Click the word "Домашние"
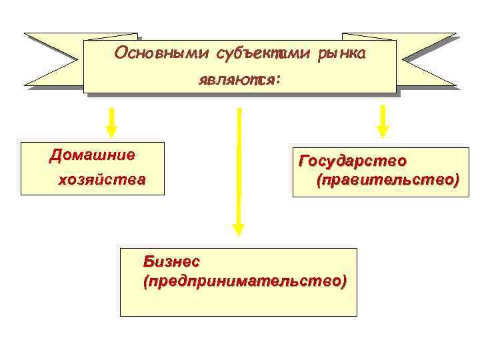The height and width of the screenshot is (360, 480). point(92,156)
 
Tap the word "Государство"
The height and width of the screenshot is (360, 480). point(353,161)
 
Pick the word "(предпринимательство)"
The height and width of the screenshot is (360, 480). point(245,281)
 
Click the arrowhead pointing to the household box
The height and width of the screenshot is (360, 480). point(112,131)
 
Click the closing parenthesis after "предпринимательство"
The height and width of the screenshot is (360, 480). point(343,281)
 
